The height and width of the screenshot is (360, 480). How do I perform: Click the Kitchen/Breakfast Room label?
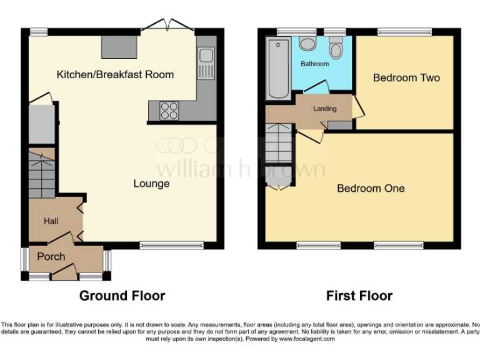(115, 75)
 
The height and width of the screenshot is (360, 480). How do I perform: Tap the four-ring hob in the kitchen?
(169, 110)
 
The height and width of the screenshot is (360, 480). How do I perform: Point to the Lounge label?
(151, 184)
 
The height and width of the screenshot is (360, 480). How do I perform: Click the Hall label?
(51, 221)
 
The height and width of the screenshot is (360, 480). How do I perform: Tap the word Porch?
(51, 257)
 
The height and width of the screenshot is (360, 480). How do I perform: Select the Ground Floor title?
(122, 296)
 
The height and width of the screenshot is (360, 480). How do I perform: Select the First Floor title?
(359, 296)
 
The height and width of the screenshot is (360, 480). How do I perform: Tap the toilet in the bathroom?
(336, 49)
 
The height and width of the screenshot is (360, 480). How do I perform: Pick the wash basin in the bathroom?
(307, 43)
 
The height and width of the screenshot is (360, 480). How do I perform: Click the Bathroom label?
(314, 64)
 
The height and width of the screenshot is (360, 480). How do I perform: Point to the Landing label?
(324, 109)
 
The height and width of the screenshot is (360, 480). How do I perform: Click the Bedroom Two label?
(406, 78)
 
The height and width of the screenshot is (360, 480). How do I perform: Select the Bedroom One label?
(371, 188)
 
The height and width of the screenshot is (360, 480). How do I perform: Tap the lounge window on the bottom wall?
(171, 246)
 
